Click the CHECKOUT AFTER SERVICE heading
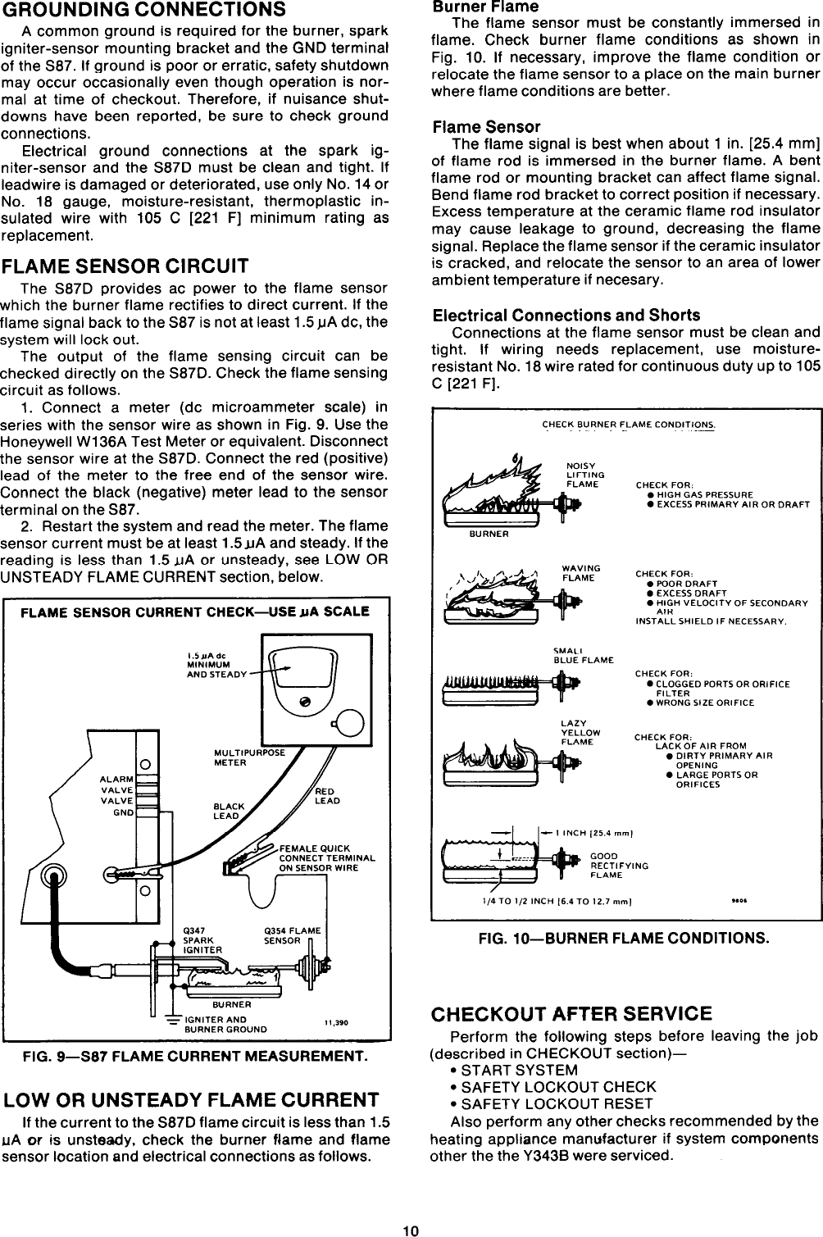[571, 1013]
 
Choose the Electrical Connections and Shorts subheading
[566, 315]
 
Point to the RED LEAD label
[327, 796]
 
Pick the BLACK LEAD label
[229, 811]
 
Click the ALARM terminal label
[116, 779]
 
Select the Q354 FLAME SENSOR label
[292, 935]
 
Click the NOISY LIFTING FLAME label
[585, 475]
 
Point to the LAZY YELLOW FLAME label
[580, 732]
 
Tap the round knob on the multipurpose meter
[350, 722]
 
